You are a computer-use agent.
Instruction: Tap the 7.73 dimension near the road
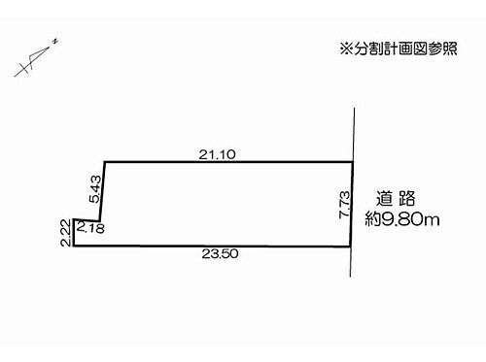343,204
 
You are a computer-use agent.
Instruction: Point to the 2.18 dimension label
89,227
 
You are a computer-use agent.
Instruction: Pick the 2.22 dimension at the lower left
63,233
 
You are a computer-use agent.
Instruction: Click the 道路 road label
396,194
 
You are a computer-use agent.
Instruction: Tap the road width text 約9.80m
400,219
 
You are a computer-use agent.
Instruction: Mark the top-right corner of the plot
351,161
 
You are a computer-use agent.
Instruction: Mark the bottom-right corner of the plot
350,247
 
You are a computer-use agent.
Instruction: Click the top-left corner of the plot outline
104,161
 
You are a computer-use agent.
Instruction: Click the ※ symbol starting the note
343,47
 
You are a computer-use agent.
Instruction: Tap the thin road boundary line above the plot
352,131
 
